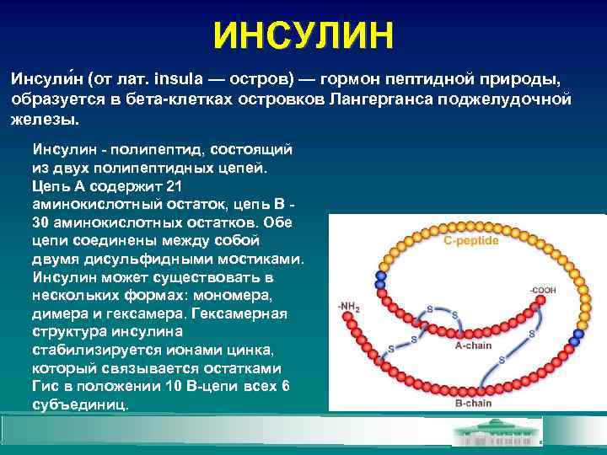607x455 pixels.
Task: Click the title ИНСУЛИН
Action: pos(303,36)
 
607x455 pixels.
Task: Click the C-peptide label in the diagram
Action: pos(471,240)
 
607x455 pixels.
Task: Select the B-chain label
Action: pos(473,403)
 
